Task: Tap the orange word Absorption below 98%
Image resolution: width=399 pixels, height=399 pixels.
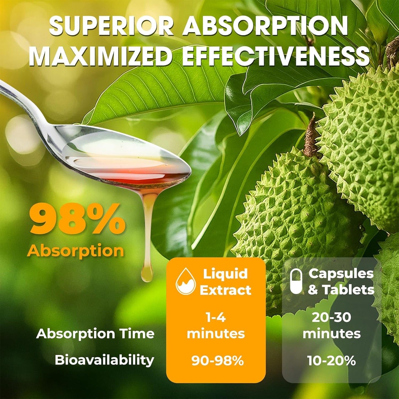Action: tap(75, 251)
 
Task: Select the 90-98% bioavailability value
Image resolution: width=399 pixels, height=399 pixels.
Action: tap(217, 360)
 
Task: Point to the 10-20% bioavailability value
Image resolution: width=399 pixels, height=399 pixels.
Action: tap(331, 360)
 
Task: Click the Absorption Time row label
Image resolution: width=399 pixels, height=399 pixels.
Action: tap(95, 334)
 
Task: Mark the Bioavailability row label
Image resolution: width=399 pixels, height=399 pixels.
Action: tap(104, 360)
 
